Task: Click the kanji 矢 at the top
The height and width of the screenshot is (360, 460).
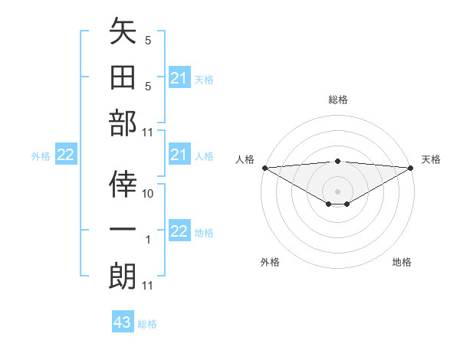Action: pyautogui.click(x=123, y=33)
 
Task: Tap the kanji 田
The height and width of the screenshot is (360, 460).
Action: pyautogui.click(x=123, y=78)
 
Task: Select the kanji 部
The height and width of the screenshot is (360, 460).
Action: pyautogui.click(x=123, y=124)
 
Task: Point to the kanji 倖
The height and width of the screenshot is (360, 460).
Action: pyautogui.click(x=123, y=184)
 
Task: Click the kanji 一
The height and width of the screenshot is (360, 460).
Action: pyautogui.click(x=123, y=230)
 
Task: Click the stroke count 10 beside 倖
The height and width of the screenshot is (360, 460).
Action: pyautogui.click(x=149, y=194)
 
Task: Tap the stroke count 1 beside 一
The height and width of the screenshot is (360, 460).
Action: pyautogui.click(x=149, y=240)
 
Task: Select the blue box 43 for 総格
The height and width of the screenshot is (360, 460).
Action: pyautogui.click(x=123, y=322)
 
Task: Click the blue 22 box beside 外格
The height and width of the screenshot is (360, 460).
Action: pyautogui.click(x=66, y=155)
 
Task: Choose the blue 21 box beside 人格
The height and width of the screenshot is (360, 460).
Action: pyautogui.click(x=179, y=155)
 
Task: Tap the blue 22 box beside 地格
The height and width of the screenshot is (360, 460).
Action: pyautogui.click(x=179, y=231)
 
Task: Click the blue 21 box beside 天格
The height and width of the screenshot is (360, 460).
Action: pyautogui.click(x=179, y=78)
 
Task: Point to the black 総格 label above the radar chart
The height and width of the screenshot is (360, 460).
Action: pyautogui.click(x=337, y=100)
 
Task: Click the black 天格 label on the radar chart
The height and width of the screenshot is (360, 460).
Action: pyautogui.click(x=431, y=159)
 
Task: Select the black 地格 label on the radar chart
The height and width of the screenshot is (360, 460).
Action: pyautogui.click(x=402, y=262)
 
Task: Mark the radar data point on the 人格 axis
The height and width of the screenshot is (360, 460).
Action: pyautogui.click(x=264, y=168)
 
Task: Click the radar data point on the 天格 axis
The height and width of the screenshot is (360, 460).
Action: pyautogui.click(x=411, y=168)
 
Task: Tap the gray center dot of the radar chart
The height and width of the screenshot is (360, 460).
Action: pyautogui.click(x=337, y=191)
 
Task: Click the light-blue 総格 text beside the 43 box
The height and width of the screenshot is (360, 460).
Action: pyautogui.click(x=147, y=324)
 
